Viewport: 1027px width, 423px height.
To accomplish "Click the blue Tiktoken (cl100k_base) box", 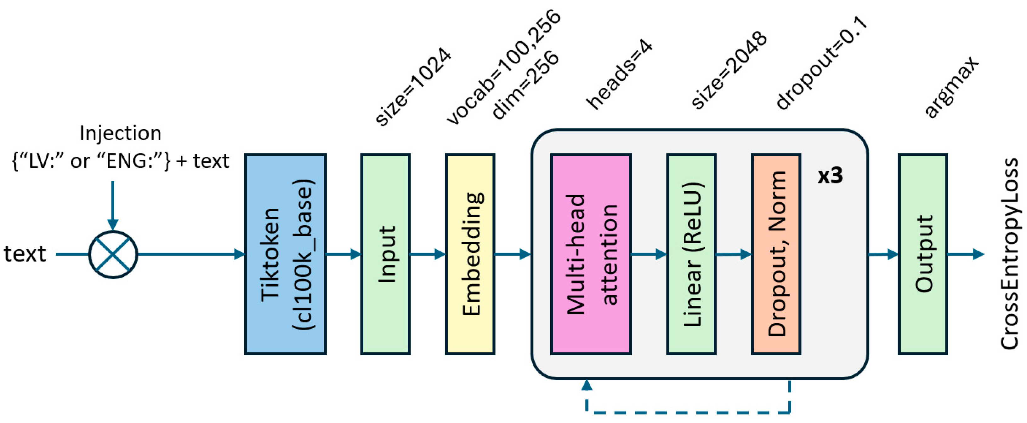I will [286, 254].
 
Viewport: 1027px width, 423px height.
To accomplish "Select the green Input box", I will [386, 254].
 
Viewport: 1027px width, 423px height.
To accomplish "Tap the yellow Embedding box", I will [470, 254].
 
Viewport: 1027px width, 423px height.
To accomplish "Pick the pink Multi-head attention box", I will [591, 254].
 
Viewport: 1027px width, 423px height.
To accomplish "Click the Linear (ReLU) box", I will [691, 254].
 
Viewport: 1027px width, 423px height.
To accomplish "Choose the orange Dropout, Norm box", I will [776, 254].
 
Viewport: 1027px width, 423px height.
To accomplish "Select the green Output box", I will [923, 254].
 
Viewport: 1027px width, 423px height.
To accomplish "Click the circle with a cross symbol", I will [113, 254].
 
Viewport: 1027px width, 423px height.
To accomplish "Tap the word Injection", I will [120, 133].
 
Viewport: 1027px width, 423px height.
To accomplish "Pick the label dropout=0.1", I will [821, 64].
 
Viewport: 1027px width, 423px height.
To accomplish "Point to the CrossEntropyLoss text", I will [1009, 254].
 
